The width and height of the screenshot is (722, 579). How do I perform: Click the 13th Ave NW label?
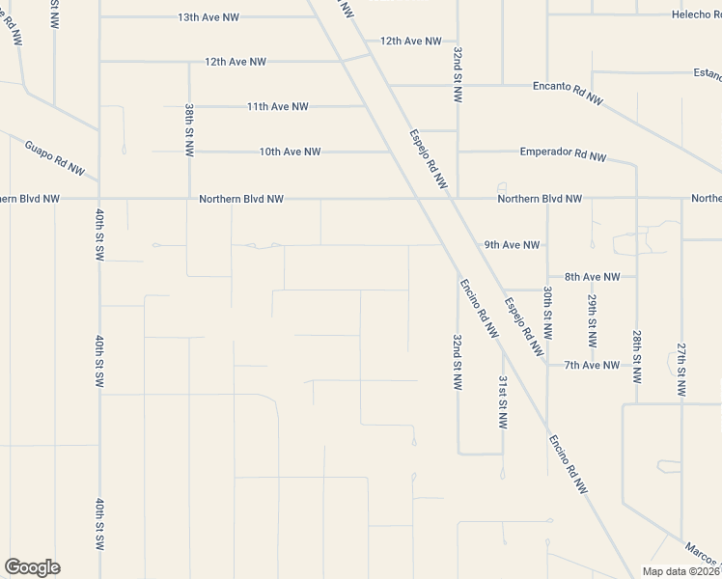coord(208,17)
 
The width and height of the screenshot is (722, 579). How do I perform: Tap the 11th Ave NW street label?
coord(277,106)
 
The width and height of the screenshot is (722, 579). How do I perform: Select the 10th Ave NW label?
coord(290,152)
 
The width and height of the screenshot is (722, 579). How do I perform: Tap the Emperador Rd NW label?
coord(563,152)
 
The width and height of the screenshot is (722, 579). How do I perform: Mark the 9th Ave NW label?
coord(512,245)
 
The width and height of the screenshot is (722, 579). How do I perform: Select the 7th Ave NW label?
coord(592,365)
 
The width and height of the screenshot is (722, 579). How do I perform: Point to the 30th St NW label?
coord(547,311)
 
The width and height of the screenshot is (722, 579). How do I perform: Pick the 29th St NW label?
coord(593,320)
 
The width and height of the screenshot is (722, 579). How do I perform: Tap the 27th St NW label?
coord(681,371)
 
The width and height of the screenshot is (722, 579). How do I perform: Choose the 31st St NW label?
coord(503,401)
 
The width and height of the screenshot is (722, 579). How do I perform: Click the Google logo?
coord(32,567)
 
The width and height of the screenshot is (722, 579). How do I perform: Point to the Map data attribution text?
coord(680,571)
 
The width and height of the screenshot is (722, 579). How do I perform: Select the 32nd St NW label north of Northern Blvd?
coord(458,73)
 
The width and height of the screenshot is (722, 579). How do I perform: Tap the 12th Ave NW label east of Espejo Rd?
coord(410,41)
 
